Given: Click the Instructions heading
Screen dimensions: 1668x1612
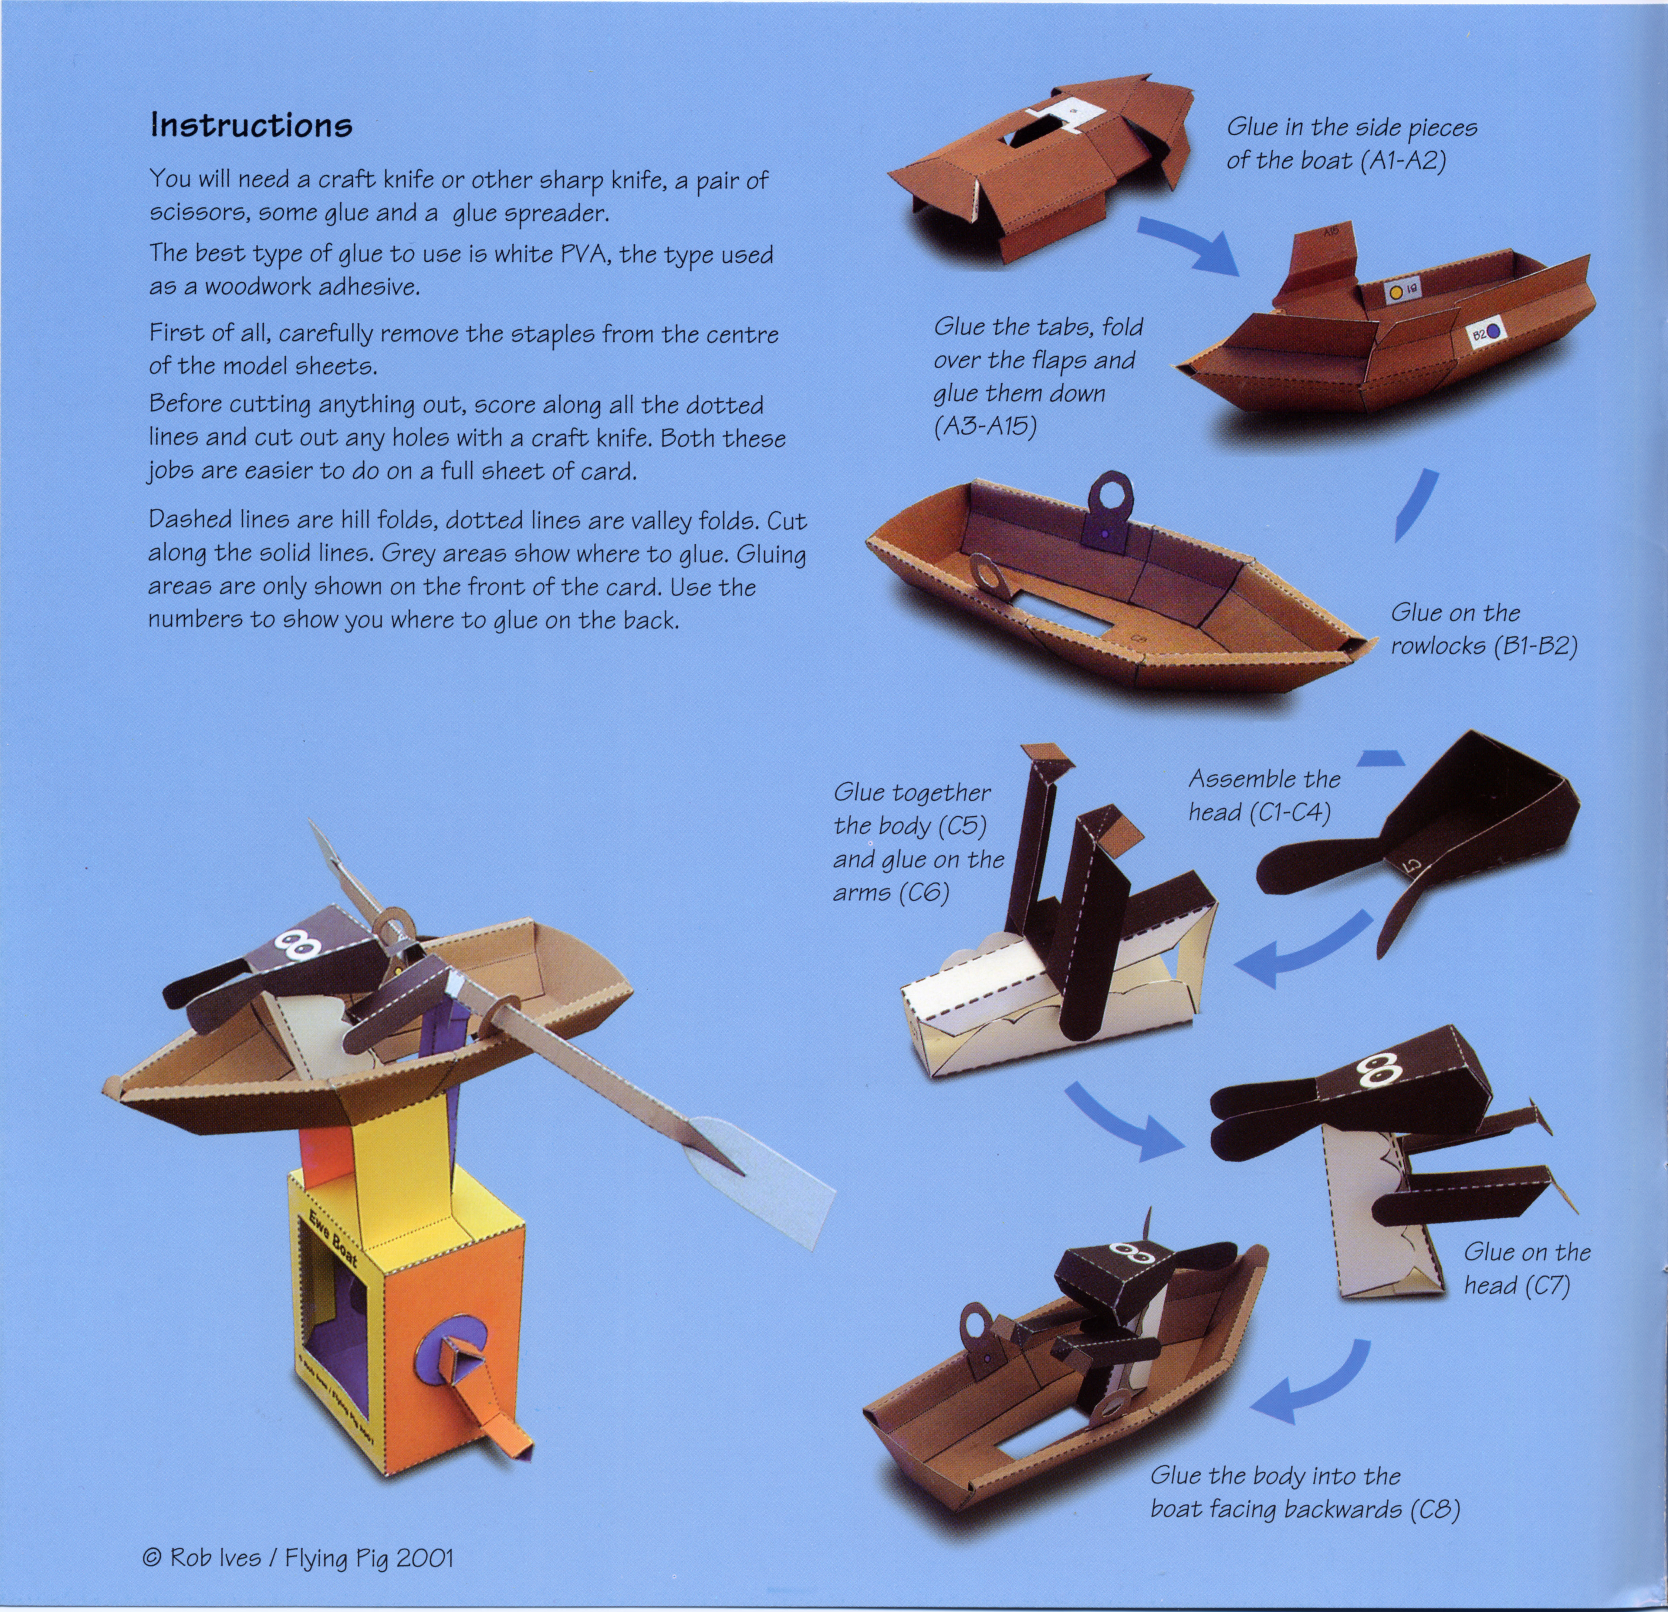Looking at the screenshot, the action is coord(251,126).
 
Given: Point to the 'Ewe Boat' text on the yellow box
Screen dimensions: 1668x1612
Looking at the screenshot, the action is coord(329,1244).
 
